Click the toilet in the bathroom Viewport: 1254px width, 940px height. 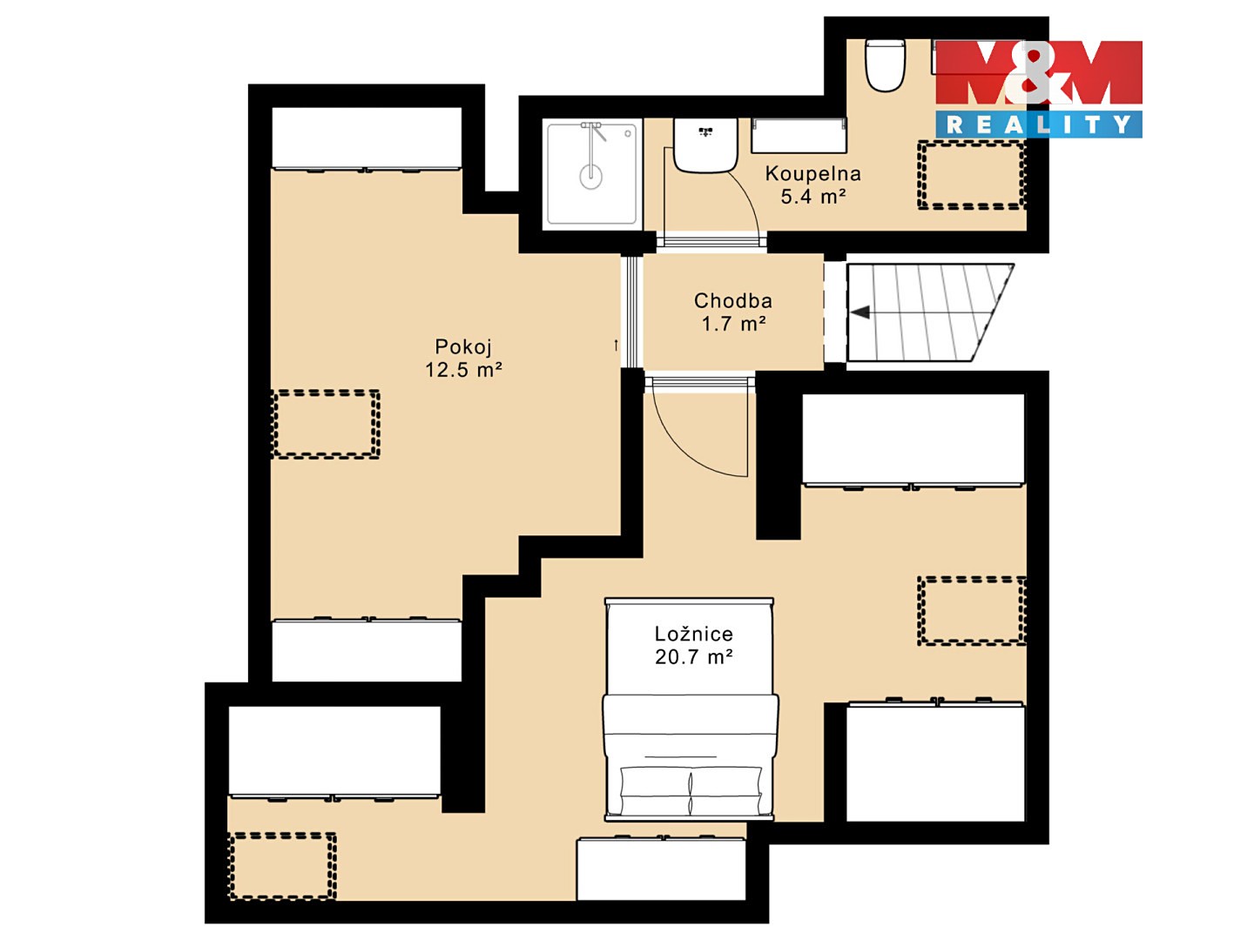coord(885,65)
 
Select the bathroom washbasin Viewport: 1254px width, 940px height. coord(705,145)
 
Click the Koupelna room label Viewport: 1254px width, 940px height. coord(812,173)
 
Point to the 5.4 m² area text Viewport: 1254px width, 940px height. coord(813,197)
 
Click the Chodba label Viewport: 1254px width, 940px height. coord(733,301)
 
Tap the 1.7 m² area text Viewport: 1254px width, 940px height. coord(733,324)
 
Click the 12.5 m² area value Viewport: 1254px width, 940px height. coord(463,370)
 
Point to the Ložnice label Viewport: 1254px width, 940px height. coord(693,634)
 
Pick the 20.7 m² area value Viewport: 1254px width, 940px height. coord(693,657)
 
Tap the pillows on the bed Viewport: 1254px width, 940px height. coord(691,789)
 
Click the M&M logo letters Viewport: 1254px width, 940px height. coord(1039,72)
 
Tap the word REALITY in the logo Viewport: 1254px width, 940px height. coord(1039,124)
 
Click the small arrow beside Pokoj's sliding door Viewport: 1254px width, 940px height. coord(616,346)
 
